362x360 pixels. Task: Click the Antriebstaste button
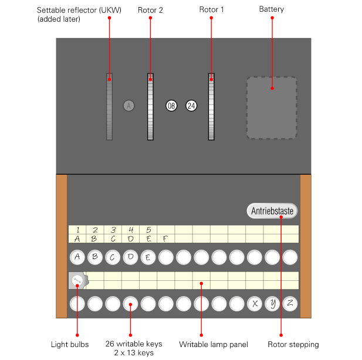point(272,210)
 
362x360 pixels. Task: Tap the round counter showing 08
point(171,106)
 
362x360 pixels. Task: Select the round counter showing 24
point(191,106)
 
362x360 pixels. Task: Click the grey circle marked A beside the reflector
point(129,106)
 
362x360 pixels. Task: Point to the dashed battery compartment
point(272,108)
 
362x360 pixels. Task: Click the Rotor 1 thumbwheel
point(211,107)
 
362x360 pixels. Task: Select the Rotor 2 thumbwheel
point(150,107)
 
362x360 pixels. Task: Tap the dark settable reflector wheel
point(109,107)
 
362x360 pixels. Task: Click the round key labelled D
point(130,257)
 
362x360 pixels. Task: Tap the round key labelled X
point(255,304)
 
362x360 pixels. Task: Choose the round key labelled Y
point(272,304)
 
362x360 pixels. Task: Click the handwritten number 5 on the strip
point(148,230)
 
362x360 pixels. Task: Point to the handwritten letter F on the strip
point(165,239)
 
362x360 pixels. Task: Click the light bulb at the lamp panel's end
point(77,281)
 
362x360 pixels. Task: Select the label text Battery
point(272,10)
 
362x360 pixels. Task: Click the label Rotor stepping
point(293,344)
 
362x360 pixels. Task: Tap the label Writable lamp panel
point(214,344)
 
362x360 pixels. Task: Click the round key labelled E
point(148,257)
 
